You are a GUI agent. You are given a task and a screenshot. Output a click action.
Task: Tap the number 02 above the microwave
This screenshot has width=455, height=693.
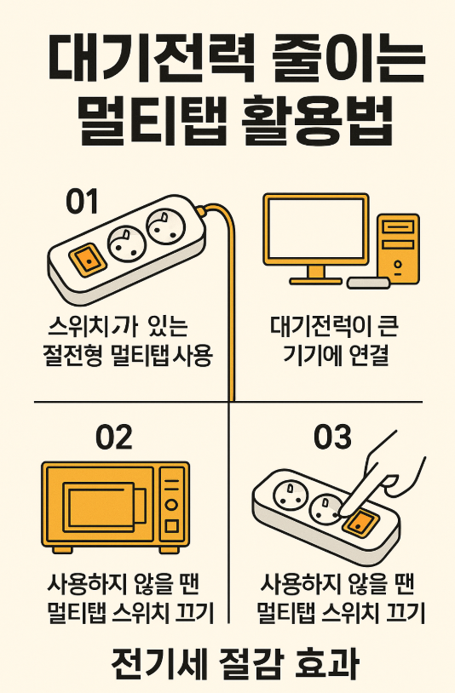pos(114,437)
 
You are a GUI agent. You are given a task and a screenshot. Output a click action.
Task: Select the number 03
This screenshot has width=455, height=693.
pos(332,437)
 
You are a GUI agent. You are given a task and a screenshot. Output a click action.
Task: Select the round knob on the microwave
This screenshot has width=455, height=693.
pos(171,504)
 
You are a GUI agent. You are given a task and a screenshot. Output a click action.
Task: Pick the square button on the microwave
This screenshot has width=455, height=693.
pos(171,525)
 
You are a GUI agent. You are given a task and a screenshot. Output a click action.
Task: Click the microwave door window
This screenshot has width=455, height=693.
pos(99,508)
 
